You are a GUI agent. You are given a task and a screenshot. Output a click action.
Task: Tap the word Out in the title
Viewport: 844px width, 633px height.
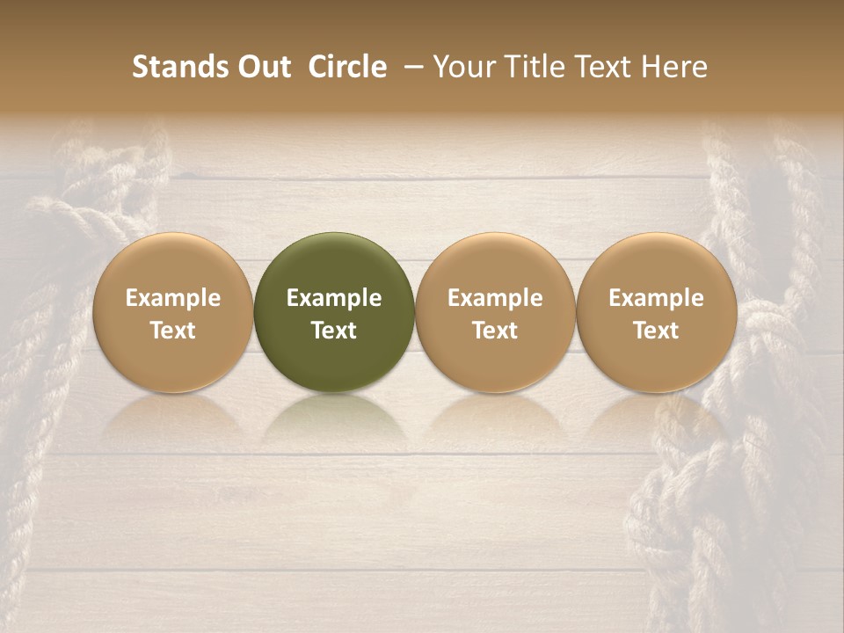pyautogui.click(x=261, y=67)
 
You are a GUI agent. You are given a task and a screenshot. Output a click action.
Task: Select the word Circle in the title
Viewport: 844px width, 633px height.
pyautogui.click(x=347, y=67)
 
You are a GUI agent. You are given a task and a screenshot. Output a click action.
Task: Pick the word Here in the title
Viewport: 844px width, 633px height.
pyautogui.click(x=674, y=67)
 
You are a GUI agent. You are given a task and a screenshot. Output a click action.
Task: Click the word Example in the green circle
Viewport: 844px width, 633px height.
pyautogui.click(x=334, y=298)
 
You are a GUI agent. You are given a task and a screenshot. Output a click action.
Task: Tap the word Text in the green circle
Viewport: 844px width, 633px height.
pyautogui.click(x=334, y=331)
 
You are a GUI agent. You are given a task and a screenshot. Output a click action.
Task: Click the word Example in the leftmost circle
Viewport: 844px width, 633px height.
pyautogui.click(x=172, y=298)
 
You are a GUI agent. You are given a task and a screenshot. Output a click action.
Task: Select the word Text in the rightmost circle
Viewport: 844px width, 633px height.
pyautogui.click(x=656, y=331)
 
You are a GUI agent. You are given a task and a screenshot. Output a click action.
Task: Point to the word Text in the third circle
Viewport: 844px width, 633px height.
pyautogui.click(x=495, y=331)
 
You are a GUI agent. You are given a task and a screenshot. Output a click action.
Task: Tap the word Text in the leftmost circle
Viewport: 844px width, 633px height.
pyautogui.click(x=172, y=331)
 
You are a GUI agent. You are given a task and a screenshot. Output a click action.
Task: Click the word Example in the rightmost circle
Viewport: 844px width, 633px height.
pyautogui.click(x=656, y=298)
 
